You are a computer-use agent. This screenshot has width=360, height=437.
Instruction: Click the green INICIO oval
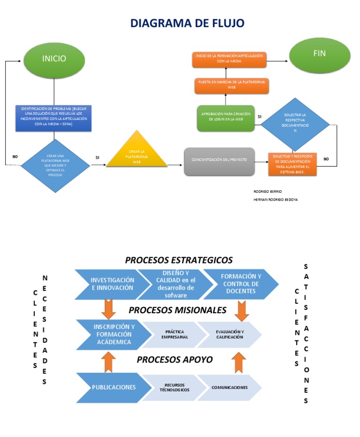[54, 60]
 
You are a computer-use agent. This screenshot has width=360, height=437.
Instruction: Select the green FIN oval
[320, 55]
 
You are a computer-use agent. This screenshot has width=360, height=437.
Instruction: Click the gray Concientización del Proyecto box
[219, 161]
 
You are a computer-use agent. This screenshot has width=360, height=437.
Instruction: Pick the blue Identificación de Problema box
[53, 118]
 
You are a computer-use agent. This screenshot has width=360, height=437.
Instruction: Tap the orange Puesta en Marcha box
[231, 85]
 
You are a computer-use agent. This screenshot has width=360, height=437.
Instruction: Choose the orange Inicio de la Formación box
[229, 59]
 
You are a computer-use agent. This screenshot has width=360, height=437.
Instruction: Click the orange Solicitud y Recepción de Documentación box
[292, 164]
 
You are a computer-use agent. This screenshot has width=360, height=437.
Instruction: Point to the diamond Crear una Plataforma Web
[56, 166]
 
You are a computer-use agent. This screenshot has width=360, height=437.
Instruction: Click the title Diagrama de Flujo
[187, 23]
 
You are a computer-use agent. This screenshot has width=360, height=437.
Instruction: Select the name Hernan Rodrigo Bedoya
[275, 199]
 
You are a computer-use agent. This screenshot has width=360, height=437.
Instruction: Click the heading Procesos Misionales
[177, 310]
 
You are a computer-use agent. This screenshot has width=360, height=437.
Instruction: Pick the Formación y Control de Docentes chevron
[240, 284]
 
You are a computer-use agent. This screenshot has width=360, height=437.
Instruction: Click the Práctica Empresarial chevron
[174, 335]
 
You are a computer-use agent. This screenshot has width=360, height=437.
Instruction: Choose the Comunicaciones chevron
[229, 387]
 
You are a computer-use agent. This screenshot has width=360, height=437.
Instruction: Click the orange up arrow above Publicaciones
[109, 362]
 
